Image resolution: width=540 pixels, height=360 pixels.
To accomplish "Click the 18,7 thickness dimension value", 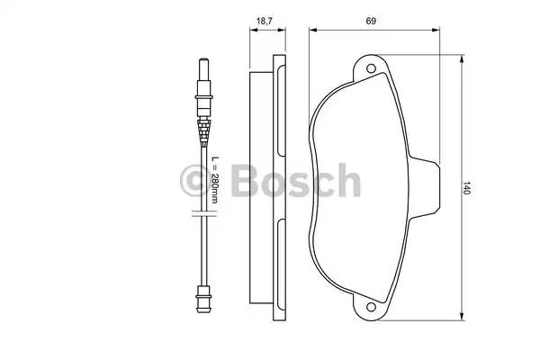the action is pyautogui.click(x=264, y=21).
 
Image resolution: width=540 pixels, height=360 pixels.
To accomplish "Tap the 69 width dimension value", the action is pyautogui.click(x=371, y=21).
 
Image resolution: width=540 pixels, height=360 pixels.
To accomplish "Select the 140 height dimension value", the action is pyautogui.click(x=465, y=188).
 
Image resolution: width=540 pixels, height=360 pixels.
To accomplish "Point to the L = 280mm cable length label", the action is pyautogui.click(x=214, y=179).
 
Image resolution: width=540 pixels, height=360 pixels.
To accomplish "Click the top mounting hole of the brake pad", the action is pyautogui.click(x=371, y=68).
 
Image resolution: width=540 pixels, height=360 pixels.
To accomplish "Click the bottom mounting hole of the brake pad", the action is pyautogui.click(x=371, y=307).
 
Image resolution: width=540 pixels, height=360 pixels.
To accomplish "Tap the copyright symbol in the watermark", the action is pyautogui.click(x=195, y=181).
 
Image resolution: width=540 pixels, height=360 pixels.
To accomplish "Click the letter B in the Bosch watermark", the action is pyautogui.click(x=245, y=181).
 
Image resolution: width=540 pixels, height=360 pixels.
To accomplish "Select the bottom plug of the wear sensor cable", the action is pyautogui.click(x=203, y=299).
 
